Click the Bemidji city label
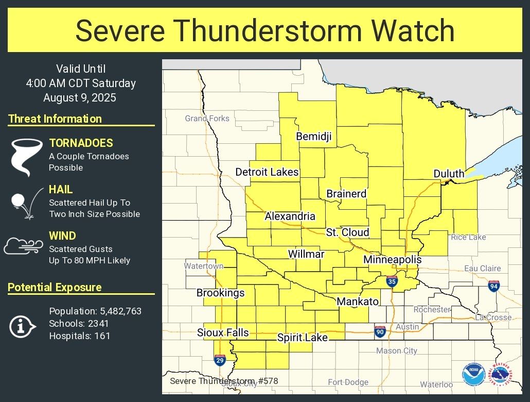[314, 136]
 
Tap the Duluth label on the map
[449, 174]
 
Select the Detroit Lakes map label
[267, 172]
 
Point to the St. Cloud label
[347, 232]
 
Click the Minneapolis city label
[392, 260]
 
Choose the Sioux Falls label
[223, 332]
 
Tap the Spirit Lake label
[302, 338]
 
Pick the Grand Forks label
[207, 119]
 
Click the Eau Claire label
[482, 269]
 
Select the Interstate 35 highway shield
[392, 281]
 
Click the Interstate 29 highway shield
[220, 360]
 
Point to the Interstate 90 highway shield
[380, 331]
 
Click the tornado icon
[26, 156]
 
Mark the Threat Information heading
[55, 119]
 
